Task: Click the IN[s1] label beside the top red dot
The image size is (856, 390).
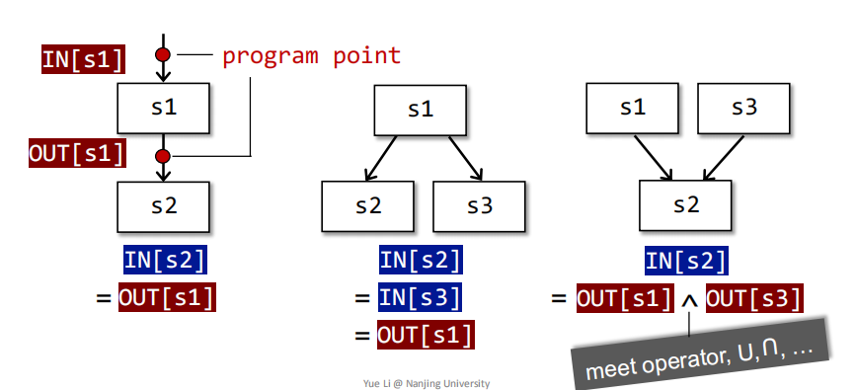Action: pos(84,60)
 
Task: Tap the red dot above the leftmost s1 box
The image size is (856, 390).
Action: pos(164,55)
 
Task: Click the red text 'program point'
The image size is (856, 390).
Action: pos(311,55)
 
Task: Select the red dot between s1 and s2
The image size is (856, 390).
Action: pos(164,155)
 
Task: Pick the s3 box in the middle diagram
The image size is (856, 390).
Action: pos(479,206)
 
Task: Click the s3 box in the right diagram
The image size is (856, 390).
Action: pos(744,108)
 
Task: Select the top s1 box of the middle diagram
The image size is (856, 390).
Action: pos(421,108)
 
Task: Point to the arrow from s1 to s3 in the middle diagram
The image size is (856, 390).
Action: pos(465,157)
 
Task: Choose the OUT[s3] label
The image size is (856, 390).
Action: pos(754,297)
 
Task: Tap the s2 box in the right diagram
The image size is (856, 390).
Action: pos(687,206)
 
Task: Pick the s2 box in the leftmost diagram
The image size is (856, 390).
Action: pos(164,206)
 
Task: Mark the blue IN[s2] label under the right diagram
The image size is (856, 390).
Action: pos(687,261)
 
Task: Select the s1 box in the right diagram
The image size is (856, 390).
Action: pos(633,108)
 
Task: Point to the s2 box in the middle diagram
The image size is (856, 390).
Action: pos(367,206)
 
